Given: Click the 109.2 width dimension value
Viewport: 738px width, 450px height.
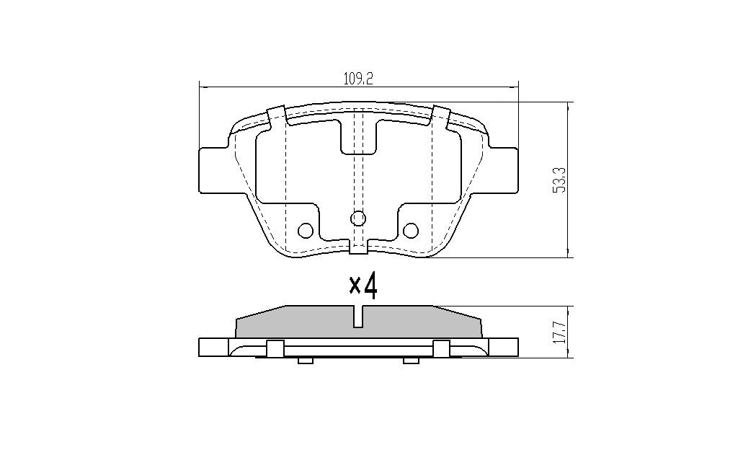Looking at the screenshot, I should coord(358,79).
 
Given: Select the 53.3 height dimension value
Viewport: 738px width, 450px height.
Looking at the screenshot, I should coord(559,180).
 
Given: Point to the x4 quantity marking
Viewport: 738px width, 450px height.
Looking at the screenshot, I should coord(363,286).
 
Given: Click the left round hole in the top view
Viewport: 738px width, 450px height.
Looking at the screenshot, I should coord(306,230).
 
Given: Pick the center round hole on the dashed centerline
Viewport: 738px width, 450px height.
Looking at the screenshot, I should coord(358,218).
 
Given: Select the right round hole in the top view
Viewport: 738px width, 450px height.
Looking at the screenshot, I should coord(411,230).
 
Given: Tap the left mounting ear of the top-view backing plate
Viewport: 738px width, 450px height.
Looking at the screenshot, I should coord(214,169).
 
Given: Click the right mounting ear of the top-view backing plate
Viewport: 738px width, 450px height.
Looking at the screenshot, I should coord(502,169).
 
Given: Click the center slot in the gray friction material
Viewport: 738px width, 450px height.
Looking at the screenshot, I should coord(358,316).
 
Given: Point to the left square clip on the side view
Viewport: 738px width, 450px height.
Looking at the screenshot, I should coord(273,348).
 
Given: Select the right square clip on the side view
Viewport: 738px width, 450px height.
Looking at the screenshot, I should coord(441,348).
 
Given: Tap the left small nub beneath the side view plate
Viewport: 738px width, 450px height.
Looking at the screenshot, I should coord(305,360).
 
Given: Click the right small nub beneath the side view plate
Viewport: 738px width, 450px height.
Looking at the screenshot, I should coord(411,360).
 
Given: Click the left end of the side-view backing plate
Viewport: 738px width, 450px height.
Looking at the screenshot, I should coord(207,348).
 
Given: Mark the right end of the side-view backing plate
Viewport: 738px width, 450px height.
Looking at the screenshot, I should coord(510,348).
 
